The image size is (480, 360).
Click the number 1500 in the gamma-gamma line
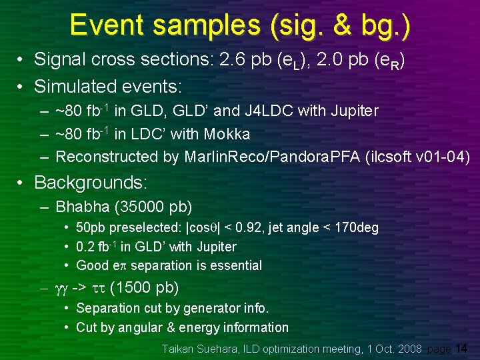click(x=130, y=288)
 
